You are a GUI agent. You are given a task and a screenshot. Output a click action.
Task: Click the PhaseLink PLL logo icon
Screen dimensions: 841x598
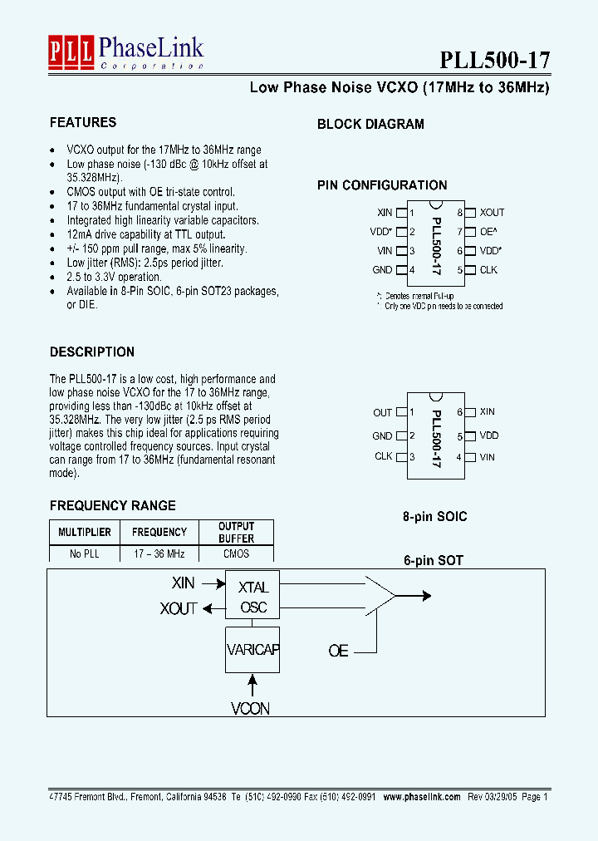pyautogui.click(x=71, y=52)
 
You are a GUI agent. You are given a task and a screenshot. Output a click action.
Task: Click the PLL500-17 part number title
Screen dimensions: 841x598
pyautogui.click(x=493, y=60)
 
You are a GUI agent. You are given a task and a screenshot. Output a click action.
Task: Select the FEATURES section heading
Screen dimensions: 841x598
pyautogui.click(x=83, y=123)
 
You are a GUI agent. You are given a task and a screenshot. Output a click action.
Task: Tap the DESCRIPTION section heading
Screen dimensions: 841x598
pyautogui.click(x=92, y=352)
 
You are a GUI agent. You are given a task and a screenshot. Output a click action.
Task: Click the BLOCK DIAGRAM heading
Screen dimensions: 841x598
pyautogui.click(x=370, y=125)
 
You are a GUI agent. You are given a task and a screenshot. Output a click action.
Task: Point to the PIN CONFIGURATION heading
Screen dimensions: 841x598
pyautogui.click(x=382, y=185)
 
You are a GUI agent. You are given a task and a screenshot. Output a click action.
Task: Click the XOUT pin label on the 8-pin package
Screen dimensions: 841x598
pyautogui.click(x=492, y=213)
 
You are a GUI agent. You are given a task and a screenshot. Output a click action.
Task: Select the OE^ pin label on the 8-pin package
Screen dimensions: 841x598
pyautogui.click(x=488, y=232)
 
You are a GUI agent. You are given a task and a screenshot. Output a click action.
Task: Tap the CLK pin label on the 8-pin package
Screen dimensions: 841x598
pyautogui.click(x=488, y=269)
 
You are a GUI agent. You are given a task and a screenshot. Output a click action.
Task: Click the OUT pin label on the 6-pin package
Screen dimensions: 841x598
pyautogui.click(x=382, y=412)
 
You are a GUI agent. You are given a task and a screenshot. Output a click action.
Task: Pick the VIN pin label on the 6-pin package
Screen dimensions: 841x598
pyautogui.click(x=488, y=456)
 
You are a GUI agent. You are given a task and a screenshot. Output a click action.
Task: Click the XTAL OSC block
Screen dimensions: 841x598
pyautogui.click(x=253, y=598)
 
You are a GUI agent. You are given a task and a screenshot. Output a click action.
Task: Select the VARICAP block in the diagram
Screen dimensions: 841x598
pyautogui.click(x=253, y=649)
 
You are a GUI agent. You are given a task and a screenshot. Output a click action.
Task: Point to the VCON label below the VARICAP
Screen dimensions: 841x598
pyautogui.click(x=251, y=709)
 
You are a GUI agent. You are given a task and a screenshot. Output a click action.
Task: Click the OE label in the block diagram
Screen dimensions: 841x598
pyautogui.click(x=338, y=651)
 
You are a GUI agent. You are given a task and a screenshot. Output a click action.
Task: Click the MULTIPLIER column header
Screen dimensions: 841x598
pyautogui.click(x=84, y=532)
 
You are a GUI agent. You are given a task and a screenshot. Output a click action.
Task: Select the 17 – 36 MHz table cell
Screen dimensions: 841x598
pyautogui.click(x=159, y=553)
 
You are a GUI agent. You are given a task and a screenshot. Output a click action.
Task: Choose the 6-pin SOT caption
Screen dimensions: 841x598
pyautogui.click(x=434, y=560)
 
